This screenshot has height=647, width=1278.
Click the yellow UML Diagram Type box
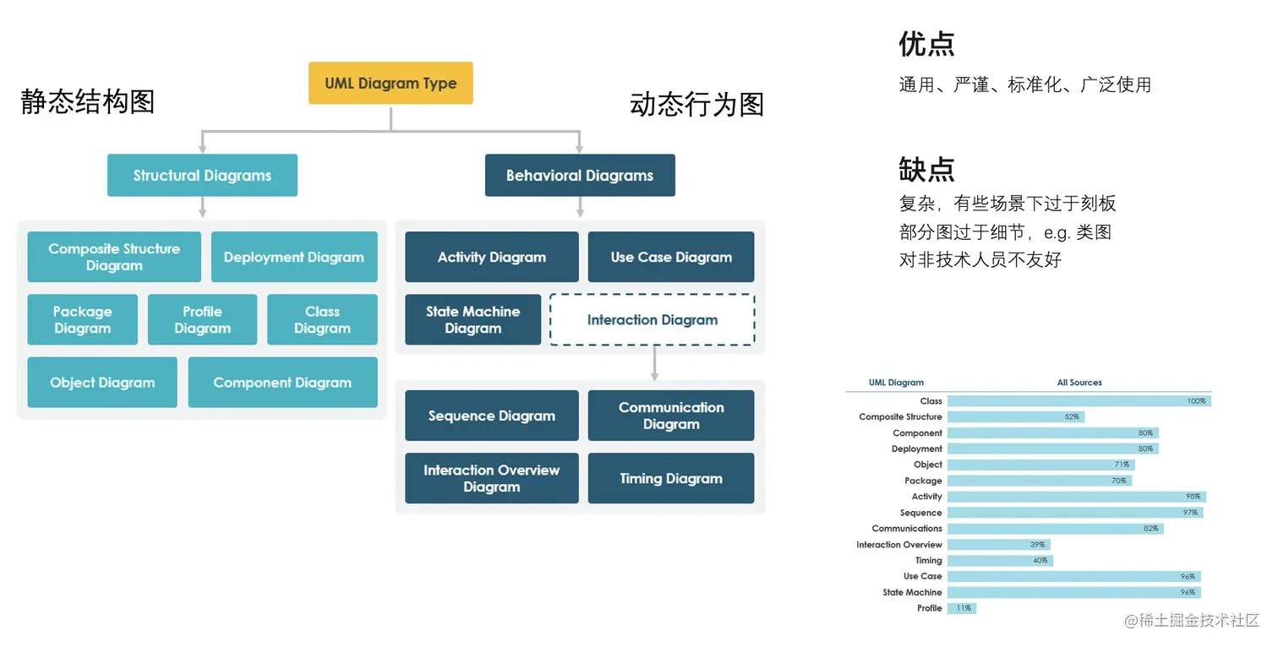pyautogui.click(x=390, y=84)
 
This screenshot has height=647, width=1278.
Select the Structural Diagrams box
pyautogui.click(x=202, y=176)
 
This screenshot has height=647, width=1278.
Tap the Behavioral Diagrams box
pyautogui.click(x=580, y=176)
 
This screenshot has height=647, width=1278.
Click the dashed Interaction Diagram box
pyautogui.click(x=653, y=320)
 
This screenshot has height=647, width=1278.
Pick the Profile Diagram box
pyautogui.click(x=202, y=320)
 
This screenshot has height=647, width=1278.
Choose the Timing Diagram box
pyautogui.click(x=671, y=479)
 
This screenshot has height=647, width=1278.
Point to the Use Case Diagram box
pyautogui.click(x=671, y=258)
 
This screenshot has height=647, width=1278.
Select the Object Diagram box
pyautogui.click(x=102, y=383)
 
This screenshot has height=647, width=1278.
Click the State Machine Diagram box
pyautogui.click(x=472, y=320)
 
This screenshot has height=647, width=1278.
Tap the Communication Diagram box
pyautogui.click(x=671, y=416)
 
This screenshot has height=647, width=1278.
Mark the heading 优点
pyautogui.click(x=926, y=44)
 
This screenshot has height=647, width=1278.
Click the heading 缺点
pyautogui.click(x=926, y=169)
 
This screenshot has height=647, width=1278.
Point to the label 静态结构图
pyautogui.click(x=87, y=101)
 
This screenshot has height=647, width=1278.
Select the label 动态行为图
pyautogui.click(x=696, y=105)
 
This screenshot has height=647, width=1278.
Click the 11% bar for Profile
pyautogui.click(x=961, y=608)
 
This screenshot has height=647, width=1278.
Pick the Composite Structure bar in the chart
pyautogui.click(x=1014, y=417)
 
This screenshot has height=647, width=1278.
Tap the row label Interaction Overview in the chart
pyautogui.click(x=898, y=545)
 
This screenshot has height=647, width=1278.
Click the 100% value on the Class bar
pyautogui.click(x=1196, y=401)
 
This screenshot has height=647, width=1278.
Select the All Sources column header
pyautogui.click(x=1079, y=383)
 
